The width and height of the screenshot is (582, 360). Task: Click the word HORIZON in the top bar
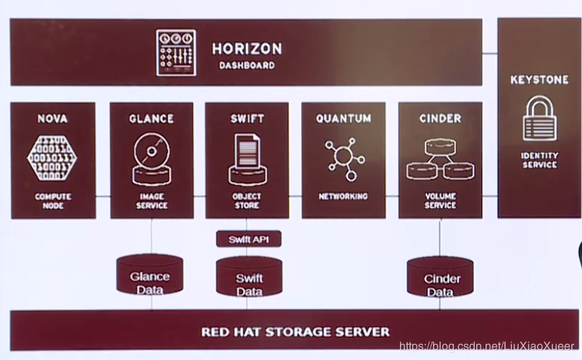coord(247,49)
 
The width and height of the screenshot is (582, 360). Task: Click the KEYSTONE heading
coord(539,80)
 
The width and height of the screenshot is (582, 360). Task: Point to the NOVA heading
coord(52,118)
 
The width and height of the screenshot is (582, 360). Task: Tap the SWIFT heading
coord(247,118)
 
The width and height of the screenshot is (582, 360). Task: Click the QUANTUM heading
coord(343,118)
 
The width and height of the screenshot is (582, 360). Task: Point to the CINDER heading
coord(440,118)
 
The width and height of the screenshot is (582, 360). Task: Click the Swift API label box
coord(248,239)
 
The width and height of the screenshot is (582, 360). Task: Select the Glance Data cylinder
coord(150,277)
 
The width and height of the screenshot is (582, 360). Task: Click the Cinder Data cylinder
coord(440,279)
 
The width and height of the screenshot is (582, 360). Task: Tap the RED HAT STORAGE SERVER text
coord(295,332)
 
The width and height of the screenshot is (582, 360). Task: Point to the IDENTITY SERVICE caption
coord(539,160)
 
